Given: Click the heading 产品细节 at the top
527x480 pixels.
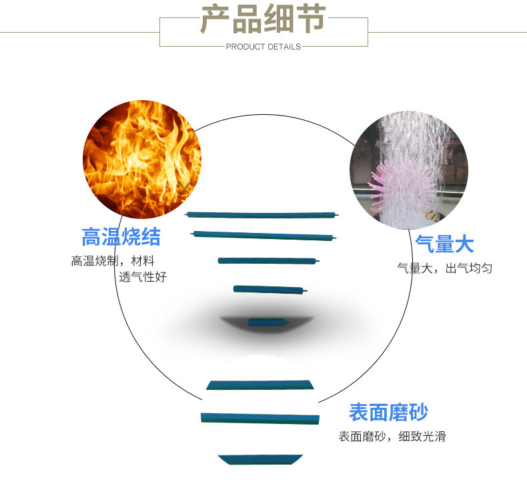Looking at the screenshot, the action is point(263,20).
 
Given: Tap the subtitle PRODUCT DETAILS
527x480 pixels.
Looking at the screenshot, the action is point(263,47).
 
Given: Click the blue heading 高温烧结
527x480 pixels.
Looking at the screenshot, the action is point(121,237).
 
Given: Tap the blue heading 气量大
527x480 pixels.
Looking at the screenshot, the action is point(444,244).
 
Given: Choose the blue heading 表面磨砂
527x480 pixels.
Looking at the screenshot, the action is point(388,412).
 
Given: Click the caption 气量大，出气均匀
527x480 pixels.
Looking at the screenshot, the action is point(444,268).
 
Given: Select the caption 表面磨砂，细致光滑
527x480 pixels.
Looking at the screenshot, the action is point(392,437).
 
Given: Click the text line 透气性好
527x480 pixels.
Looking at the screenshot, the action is point(142,276).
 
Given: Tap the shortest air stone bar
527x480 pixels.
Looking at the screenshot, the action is point(269,322).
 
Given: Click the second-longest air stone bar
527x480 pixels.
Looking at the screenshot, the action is point(263,235).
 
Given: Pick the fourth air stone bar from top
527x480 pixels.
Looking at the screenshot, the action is point(270,290).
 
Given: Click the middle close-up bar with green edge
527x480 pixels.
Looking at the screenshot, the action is point(260,418).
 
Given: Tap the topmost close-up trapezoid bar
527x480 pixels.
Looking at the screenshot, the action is point(259,384).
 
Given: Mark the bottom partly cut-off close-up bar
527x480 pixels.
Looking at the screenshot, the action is point(260,459).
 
